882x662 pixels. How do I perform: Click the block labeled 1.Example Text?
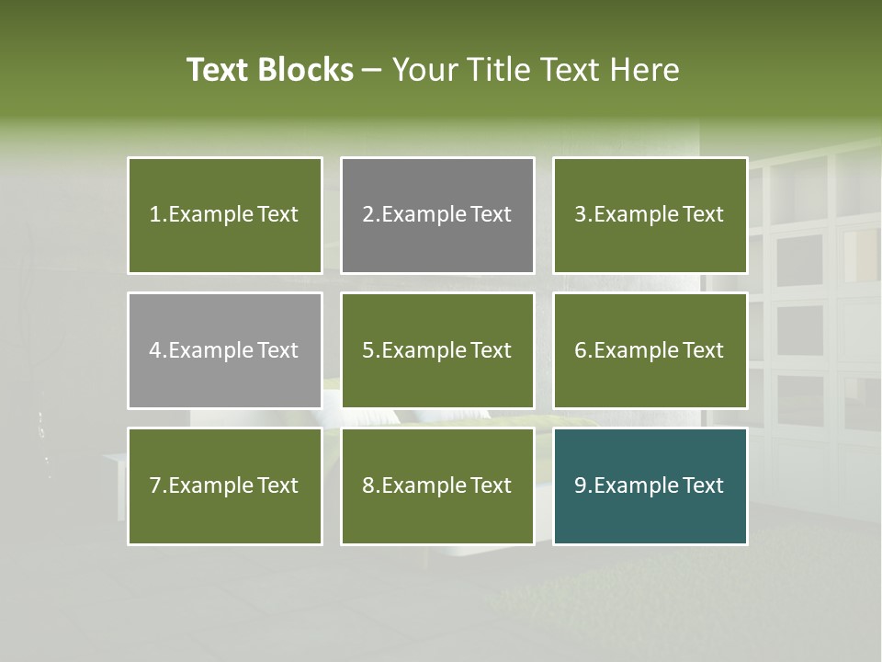click(224, 215)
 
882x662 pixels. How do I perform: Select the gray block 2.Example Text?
click(437, 215)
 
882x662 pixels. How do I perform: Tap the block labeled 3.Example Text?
click(650, 215)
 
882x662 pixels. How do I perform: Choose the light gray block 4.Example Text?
click(224, 350)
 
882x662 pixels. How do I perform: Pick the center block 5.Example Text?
click(437, 350)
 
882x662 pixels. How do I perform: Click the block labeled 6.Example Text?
click(650, 350)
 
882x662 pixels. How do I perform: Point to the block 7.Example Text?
click(224, 485)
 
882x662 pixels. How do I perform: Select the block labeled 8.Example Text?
click(437, 485)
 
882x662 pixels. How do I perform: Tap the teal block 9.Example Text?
click(650, 485)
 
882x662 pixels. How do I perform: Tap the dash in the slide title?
click(373, 70)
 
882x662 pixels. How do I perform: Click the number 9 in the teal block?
click(581, 485)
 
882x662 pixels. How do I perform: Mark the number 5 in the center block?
click(367, 350)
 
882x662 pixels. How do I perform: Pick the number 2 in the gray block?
click(367, 215)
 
